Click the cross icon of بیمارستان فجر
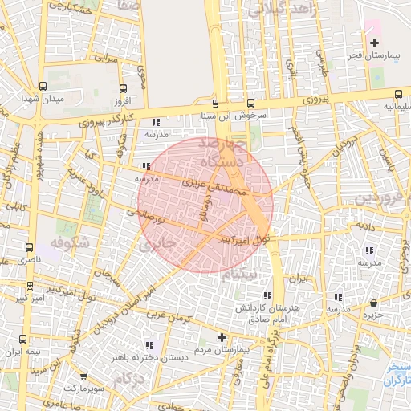click(x=374, y=41)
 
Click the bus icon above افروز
click(x=122, y=89)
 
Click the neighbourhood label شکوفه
click(x=67, y=242)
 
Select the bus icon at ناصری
click(x=30, y=248)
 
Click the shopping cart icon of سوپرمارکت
click(x=83, y=376)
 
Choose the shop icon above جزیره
click(x=374, y=304)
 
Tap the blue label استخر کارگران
click(x=395, y=372)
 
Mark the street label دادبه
click(x=366, y=228)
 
